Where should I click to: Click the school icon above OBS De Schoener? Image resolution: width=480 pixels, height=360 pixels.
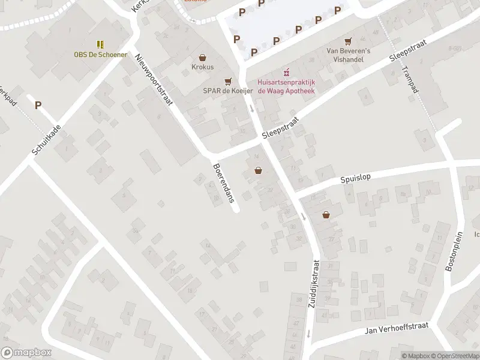100,44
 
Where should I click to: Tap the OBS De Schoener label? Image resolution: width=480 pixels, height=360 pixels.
100,55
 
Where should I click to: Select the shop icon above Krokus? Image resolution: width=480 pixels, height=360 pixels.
203,58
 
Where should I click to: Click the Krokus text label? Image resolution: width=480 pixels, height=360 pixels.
203,67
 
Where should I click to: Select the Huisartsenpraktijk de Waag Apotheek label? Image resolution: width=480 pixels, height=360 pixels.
286,86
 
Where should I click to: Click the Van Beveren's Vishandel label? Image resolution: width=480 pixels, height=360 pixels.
348,55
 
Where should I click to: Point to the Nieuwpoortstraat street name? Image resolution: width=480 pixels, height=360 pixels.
154,79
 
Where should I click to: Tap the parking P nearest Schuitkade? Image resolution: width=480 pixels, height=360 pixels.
38,105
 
